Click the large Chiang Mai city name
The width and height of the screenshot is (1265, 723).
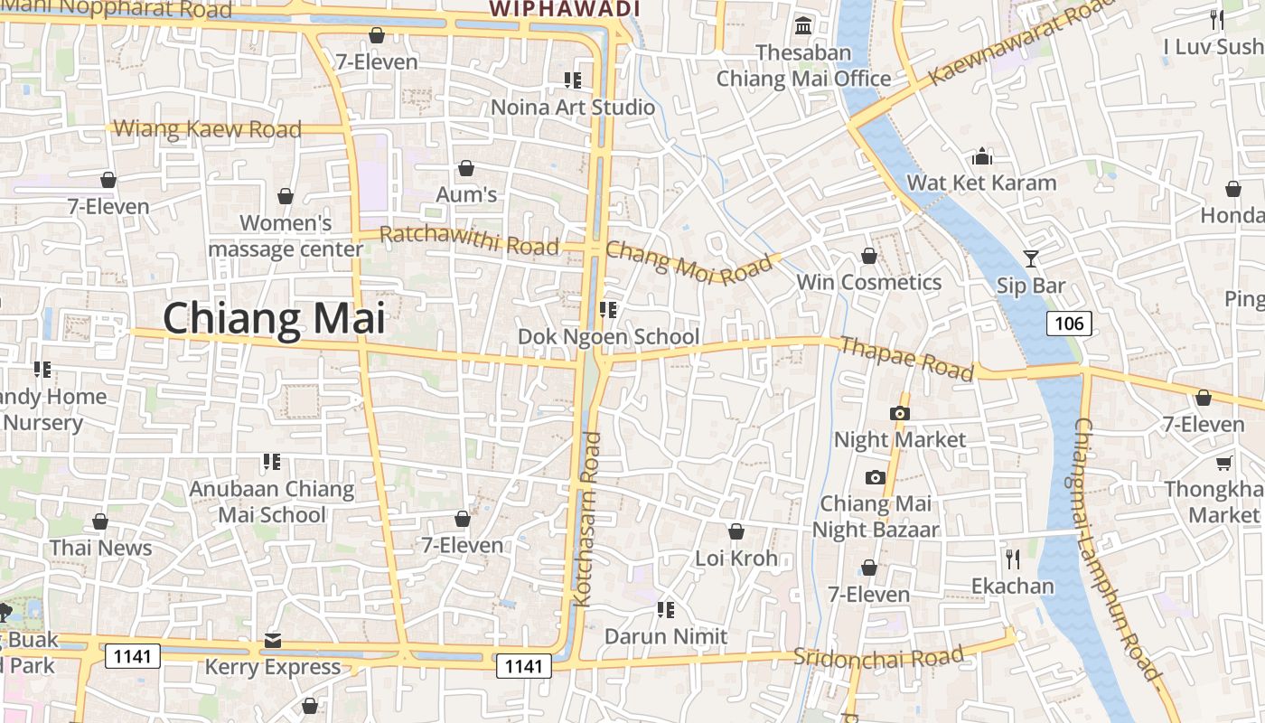pos(274,319)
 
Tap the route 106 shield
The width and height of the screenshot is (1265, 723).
pos(1070,323)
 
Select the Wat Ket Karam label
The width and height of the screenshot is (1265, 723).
pos(981,183)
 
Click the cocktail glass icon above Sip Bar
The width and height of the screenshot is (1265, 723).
pos(1031,258)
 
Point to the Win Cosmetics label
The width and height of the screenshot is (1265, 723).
pos(868,282)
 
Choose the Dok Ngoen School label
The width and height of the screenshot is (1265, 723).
pos(608,337)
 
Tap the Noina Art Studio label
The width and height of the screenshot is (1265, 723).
pos(573,108)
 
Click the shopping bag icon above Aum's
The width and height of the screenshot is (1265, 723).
pos(466,168)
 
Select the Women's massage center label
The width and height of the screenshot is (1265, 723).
pos(286,236)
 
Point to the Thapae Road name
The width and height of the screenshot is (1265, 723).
pos(906,358)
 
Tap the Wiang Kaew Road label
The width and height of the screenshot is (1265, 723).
pos(208,129)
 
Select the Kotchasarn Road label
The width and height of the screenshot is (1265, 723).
pos(588,519)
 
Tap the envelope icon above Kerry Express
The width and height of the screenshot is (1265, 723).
pos(273,642)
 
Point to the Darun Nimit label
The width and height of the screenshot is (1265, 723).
pos(666,636)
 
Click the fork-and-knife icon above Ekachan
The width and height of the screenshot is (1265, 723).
pos(1012,559)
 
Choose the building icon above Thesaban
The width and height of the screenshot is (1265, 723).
pos(802,25)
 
